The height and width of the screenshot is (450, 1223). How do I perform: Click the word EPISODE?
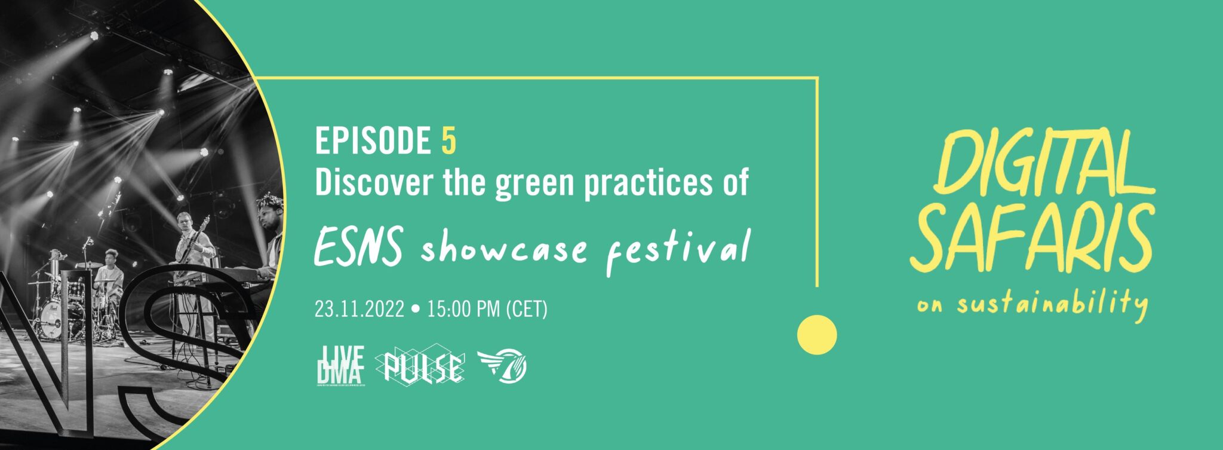[373, 141]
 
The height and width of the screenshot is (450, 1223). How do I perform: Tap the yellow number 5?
[448, 141]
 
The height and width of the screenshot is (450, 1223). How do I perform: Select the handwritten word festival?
[678, 251]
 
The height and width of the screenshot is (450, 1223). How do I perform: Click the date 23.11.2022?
[359, 310]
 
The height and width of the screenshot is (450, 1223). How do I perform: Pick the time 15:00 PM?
[463, 310]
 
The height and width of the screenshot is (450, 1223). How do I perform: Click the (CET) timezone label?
[526, 310]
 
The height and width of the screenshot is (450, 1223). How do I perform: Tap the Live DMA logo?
[340, 365]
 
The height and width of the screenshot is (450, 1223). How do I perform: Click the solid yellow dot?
[816, 335]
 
